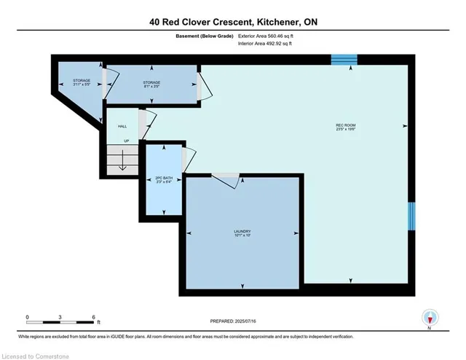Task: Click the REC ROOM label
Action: (345, 128)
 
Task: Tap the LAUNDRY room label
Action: (242, 233)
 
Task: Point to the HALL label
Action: (122, 126)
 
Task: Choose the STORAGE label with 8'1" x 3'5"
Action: (151, 85)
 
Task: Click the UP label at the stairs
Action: (126, 141)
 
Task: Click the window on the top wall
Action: (344, 60)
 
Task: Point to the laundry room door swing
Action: (224, 181)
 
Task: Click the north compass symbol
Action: (430, 317)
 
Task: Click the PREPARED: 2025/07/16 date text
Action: (233, 321)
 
